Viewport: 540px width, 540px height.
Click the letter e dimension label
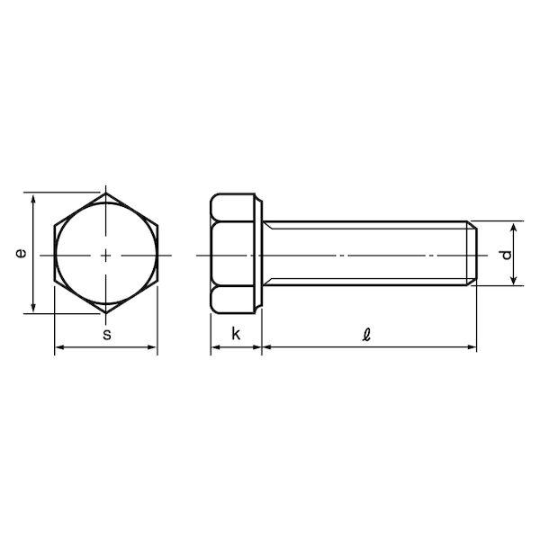click(x=21, y=254)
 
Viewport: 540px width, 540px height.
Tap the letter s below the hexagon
click(x=106, y=335)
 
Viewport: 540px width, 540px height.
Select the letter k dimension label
click(x=236, y=334)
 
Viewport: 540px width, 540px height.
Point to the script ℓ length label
click(x=366, y=334)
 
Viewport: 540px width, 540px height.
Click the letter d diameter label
click(x=506, y=255)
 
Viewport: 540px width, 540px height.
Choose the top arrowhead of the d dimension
click(x=514, y=226)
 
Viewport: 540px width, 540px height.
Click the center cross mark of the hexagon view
click(x=106, y=255)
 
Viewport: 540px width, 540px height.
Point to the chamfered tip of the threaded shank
click(x=472, y=255)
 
